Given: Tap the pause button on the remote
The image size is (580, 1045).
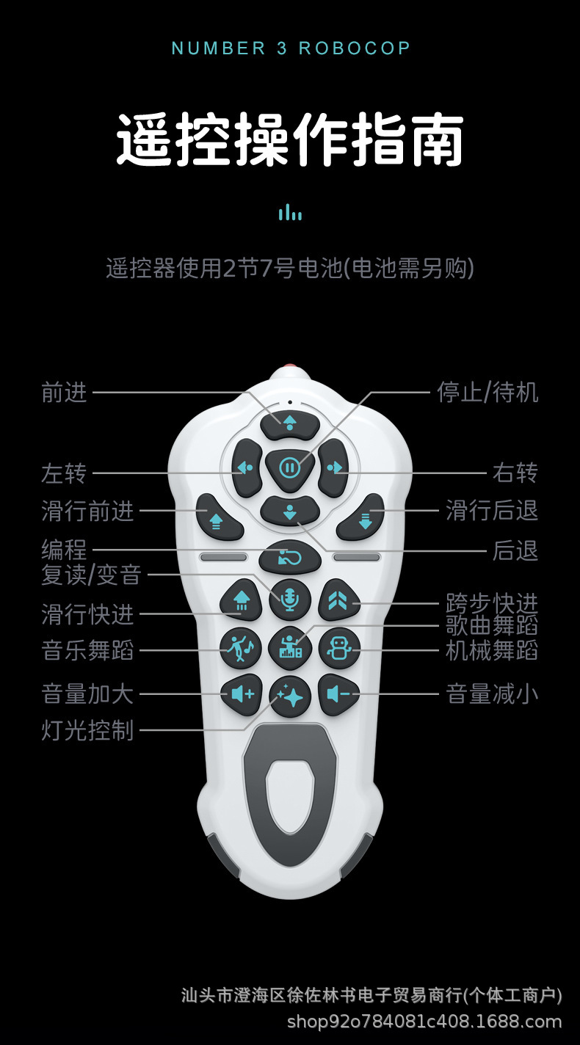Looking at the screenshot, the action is pos(290,467).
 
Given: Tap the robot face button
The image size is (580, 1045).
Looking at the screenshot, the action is pos(339,648).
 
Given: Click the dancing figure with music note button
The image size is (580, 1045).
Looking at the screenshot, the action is pos(241,648).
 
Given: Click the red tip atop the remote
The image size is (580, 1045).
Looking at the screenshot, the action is pos(290,368).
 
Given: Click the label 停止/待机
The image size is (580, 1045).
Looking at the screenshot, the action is pos(487,393).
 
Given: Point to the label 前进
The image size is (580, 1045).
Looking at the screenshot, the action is pos(65,393).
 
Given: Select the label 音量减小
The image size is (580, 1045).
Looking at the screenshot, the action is pos(492,693).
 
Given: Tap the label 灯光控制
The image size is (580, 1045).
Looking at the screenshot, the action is pos(88,730).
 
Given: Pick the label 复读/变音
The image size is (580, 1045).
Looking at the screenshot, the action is pos(91,575).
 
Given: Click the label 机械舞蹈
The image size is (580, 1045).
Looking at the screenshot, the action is pos(492,650).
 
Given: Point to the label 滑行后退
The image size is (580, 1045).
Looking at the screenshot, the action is pos(492,510).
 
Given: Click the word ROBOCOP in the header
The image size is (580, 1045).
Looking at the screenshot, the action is pos(354,48).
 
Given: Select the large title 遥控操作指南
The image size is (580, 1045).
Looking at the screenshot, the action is pos(290,139).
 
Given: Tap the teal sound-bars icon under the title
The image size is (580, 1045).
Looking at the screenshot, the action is pos(290,213).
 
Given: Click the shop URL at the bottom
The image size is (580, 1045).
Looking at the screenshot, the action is pos(424,1021).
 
